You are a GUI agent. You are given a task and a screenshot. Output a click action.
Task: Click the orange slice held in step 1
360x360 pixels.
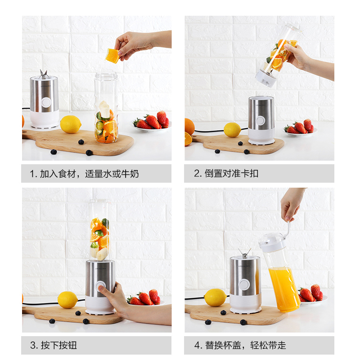point(112,55)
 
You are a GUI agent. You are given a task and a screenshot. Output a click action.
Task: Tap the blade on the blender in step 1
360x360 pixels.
point(44,74)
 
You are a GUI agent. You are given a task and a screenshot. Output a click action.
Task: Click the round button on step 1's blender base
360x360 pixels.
point(46,103)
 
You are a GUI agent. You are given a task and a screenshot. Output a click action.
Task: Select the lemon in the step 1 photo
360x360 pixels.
point(71,124)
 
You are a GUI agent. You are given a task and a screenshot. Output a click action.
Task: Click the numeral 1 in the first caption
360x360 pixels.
point(32,174)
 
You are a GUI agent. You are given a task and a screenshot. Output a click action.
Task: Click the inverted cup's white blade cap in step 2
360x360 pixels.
point(266,78)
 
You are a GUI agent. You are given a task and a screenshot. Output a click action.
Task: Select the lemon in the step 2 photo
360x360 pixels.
point(232,130)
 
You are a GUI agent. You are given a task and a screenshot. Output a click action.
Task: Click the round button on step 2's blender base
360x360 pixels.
point(261,121)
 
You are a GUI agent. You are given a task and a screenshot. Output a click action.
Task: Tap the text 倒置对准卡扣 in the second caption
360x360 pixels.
point(231,173)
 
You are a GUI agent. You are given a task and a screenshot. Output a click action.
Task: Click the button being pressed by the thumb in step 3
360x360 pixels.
point(100,286)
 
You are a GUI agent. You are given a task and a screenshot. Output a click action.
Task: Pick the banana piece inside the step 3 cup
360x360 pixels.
point(102,254)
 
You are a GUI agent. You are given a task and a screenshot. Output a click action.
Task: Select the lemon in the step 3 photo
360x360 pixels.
point(68,300)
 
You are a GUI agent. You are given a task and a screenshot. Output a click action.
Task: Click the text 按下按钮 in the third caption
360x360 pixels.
point(59,345)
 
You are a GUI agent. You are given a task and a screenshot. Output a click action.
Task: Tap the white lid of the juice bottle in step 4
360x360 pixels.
point(272,243)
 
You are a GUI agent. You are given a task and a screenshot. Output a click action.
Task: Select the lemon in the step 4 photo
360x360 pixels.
point(215,297)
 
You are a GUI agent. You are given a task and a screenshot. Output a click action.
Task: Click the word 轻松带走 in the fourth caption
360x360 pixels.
point(268,345)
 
